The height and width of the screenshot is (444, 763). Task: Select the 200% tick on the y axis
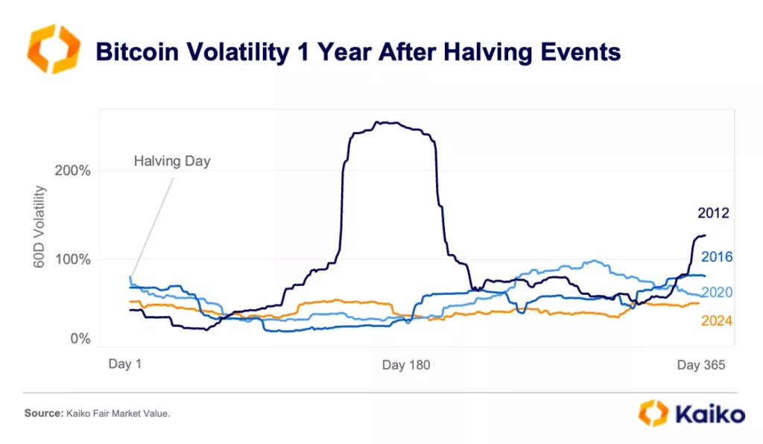[73, 171]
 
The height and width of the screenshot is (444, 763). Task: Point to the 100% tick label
[73, 259]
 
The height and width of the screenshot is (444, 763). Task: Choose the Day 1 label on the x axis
[125, 364]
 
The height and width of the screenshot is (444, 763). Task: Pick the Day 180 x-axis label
[406, 365]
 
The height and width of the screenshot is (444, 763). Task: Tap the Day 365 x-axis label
[700, 365]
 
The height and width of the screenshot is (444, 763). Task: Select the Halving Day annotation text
[172, 161]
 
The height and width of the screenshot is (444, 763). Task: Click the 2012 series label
[713, 213]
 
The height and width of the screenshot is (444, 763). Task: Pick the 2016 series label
[717, 257]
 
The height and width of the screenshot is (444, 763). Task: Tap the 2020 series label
[717, 293]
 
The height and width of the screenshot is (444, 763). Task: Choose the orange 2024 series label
[717, 321]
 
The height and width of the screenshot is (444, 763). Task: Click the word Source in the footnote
[41, 413]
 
